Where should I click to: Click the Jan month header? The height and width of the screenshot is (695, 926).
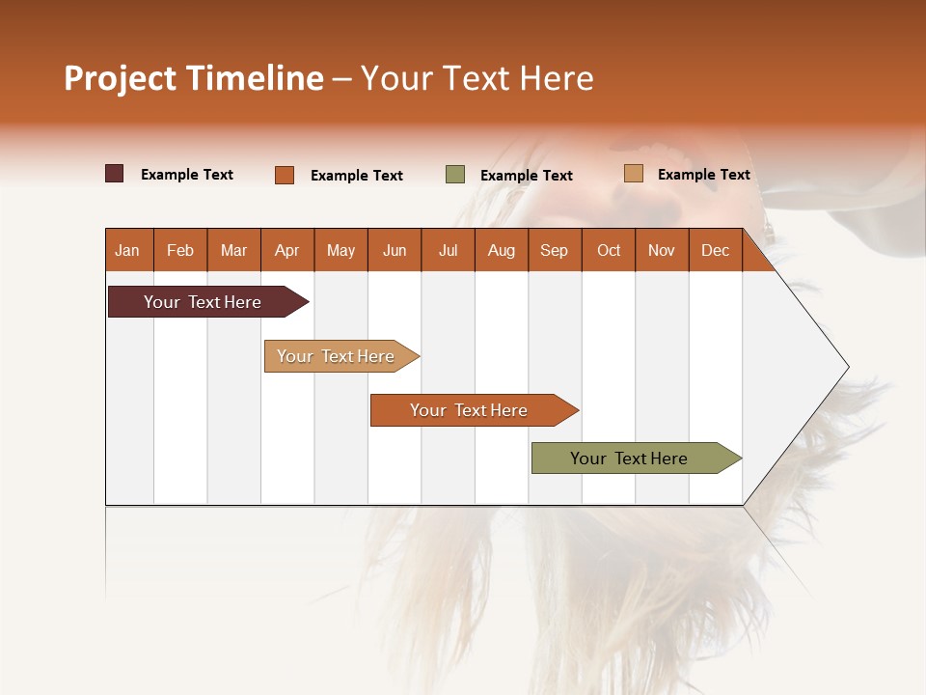coord(127,250)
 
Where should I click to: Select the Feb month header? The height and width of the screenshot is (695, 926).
coord(180,250)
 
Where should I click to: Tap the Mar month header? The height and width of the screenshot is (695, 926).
coord(233,250)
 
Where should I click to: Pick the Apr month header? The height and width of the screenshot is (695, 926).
coord(286,250)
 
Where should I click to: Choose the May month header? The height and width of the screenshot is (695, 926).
coord(340,250)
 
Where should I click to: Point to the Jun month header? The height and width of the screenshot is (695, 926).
coord(395,250)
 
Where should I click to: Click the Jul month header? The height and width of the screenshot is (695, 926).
coord(448,250)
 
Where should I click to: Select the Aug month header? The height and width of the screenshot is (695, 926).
coord(501,250)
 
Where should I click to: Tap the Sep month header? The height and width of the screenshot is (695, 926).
coord(554,250)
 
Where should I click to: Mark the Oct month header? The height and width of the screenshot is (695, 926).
coord(609,250)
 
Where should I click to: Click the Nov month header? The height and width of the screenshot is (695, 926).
coord(661,250)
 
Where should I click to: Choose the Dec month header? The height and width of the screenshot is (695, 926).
coord(715,250)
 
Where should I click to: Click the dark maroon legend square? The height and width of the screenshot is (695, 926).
coord(115,174)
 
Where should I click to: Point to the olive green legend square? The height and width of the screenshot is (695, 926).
coord(455,175)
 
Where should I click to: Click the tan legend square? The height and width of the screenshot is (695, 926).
coord(634,174)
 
